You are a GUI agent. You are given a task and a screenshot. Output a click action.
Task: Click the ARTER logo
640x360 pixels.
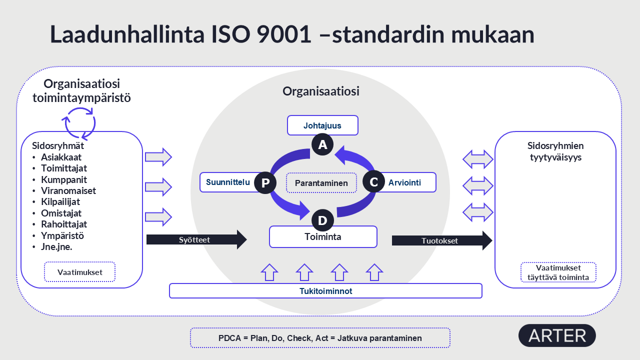pos(557,335)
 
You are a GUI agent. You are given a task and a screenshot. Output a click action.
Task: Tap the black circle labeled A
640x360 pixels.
pos(322,144)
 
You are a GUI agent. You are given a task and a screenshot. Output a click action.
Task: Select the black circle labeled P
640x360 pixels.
pos(265,183)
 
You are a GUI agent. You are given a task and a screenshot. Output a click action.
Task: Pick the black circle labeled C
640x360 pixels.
pos(373,182)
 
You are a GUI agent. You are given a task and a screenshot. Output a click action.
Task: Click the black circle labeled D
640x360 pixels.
pos(322,220)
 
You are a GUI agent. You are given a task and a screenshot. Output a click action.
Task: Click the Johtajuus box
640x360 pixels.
pos(322,125)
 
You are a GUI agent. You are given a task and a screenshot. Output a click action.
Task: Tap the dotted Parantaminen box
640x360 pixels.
pos(321,183)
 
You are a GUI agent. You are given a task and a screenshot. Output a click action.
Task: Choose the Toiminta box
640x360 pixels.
pos(323,237)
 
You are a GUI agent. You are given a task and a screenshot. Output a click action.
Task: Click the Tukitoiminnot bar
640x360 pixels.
pos(325,291)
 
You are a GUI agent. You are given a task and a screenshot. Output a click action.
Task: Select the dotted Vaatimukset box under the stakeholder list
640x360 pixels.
pos(80,272)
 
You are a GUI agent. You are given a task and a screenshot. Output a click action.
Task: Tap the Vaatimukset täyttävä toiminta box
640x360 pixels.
pos(558,272)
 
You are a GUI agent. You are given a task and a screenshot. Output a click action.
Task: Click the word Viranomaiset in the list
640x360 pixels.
pos(68,190)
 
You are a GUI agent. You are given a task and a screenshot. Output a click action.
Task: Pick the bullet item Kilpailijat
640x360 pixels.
pos(60,202)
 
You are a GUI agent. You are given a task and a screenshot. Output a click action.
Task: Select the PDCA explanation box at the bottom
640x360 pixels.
pos(320,338)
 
